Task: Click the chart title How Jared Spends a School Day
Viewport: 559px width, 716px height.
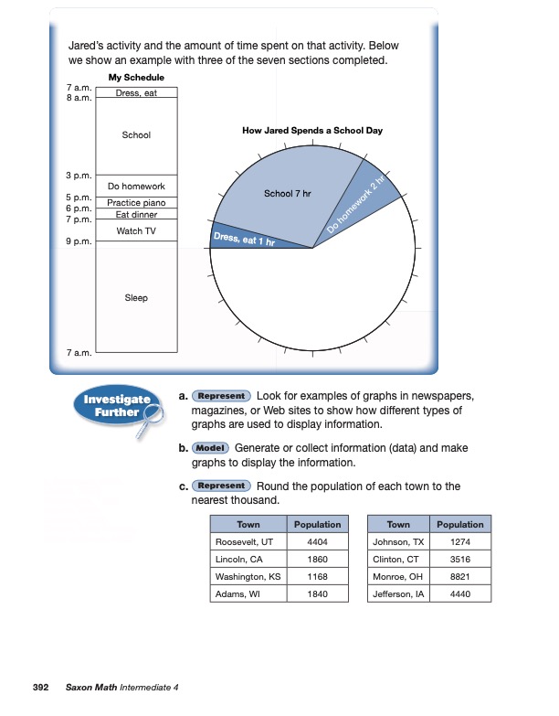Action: coord(312,131)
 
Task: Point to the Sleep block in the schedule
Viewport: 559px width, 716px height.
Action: coord(136,298)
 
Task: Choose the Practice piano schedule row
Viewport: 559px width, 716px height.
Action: coord(136,203)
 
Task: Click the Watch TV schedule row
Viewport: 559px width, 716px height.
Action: coord(136,230)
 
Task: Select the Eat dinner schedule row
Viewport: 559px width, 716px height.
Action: coord(136,214)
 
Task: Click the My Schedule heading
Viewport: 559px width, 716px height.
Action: coord(136,78)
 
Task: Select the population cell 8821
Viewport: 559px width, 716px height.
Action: coord(459,576)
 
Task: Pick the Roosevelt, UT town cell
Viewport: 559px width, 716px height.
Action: coord(248,541)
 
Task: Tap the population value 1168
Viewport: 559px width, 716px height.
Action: coord(317,576)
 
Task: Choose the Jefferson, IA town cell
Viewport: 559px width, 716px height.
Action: coord(398,593)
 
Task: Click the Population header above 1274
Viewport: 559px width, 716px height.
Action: coord(459,524)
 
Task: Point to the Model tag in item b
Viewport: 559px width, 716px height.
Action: coord(210,449)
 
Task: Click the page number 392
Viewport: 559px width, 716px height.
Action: coord(40,686)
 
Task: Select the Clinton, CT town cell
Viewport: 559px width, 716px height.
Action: coord(398,559)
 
